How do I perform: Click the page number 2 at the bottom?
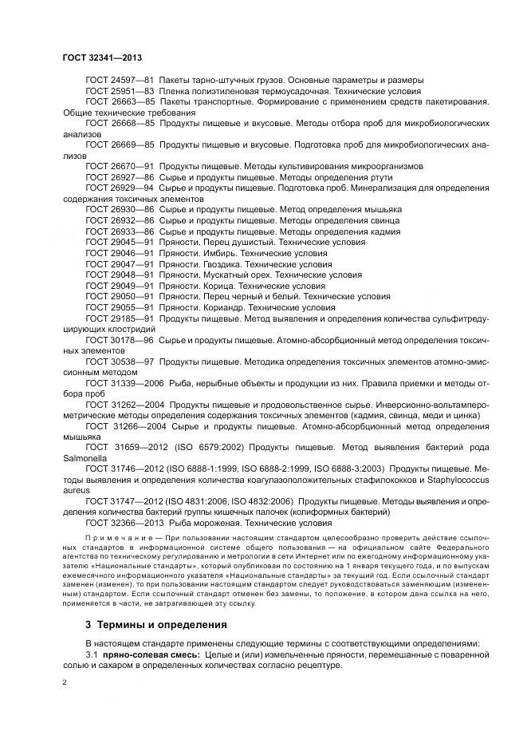65,682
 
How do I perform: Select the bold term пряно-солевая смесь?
151,654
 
